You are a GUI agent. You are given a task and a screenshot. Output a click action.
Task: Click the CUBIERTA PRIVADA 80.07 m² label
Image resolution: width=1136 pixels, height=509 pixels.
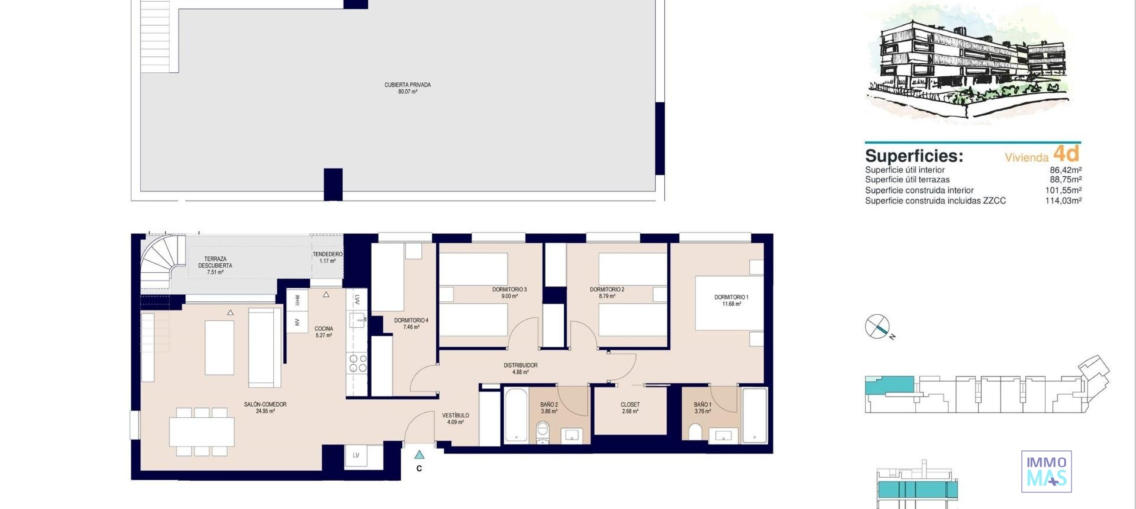pos(407,88)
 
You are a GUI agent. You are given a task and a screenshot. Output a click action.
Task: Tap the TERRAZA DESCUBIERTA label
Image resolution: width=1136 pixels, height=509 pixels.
pos(215,265)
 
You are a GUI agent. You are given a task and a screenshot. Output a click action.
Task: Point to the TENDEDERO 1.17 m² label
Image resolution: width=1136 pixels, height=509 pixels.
pos(327,257)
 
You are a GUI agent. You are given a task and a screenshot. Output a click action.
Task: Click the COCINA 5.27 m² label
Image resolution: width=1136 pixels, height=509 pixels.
pos(324,331)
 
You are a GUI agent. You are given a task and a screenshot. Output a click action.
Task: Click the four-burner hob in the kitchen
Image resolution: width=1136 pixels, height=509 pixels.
pos(357,363)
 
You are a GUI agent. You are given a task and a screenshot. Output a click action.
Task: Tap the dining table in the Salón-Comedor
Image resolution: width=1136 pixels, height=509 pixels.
pos(202,432)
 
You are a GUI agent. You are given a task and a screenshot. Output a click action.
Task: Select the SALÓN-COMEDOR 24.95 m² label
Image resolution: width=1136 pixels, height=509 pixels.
pos(265,408)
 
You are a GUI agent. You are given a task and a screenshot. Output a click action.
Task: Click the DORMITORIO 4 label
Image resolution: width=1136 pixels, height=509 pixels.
pos(411,323)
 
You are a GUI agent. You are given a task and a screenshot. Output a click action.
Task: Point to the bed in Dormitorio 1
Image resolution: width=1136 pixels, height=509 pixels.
pos(729,302)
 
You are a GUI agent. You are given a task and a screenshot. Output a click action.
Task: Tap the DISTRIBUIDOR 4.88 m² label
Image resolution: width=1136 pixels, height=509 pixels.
pos(520,369)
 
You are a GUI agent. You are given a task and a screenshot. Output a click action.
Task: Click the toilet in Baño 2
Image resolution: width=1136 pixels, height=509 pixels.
pos(543,433)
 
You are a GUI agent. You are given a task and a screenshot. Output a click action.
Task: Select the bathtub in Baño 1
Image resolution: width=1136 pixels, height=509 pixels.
pos(754,415)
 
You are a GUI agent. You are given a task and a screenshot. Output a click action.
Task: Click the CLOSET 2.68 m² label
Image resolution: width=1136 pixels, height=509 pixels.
pos(630,408)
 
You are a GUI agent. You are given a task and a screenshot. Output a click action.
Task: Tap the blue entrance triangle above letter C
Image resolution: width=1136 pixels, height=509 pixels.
pos(419,455)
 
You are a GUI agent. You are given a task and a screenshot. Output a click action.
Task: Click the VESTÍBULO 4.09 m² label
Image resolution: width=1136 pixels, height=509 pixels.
pos(455,418)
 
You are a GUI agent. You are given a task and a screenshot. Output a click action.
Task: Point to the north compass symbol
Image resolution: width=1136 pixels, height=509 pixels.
pos(877,327)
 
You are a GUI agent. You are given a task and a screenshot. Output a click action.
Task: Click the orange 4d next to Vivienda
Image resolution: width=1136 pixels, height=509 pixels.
pos(1066,154)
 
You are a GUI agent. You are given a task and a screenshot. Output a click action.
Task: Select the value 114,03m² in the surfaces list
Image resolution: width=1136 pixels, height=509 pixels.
pos(1063,201)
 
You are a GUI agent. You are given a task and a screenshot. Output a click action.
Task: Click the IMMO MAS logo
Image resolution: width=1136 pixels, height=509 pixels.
pos(1046,472)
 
